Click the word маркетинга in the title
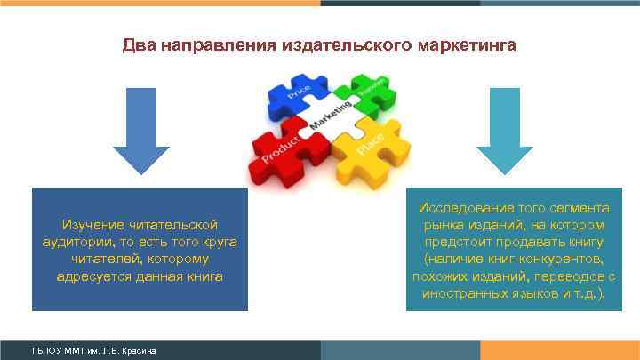[465, 44]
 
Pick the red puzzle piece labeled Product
[283, 148]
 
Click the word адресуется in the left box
[89, 276]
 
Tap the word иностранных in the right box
[460, 292]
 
